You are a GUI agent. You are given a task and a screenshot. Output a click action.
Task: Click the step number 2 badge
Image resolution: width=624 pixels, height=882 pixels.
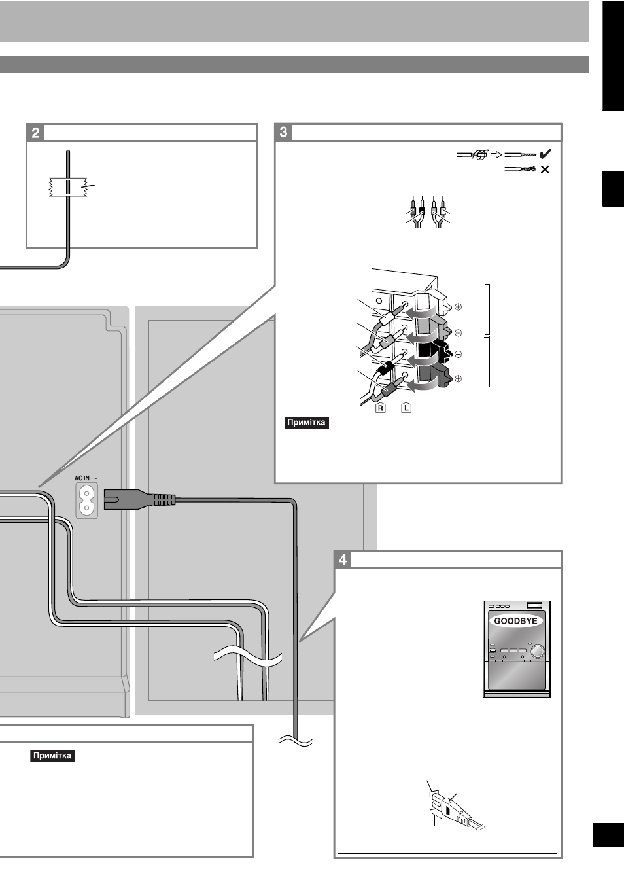pos(35,133)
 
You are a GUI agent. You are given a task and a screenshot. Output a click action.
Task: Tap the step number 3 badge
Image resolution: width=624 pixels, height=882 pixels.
pos(283,132)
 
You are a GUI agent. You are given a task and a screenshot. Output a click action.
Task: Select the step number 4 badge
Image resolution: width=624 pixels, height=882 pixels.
pos(343,559)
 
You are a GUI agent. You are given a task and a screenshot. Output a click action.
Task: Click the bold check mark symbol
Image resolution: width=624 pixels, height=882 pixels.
pos(546,154)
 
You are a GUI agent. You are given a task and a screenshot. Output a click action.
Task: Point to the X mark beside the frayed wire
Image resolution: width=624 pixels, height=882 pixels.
pos(545,169)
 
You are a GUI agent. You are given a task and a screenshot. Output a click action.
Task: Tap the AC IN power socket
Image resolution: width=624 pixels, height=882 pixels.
pos(86,501)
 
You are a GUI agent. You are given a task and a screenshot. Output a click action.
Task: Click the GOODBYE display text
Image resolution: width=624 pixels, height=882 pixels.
pos(515,621)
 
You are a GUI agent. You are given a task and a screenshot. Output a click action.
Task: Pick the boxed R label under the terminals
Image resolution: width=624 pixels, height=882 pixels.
pos(380,408)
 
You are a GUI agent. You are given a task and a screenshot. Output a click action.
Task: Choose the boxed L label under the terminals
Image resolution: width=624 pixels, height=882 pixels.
pos(406,408)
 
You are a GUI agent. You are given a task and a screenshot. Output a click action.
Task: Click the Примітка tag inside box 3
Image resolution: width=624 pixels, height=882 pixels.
pos(306,423)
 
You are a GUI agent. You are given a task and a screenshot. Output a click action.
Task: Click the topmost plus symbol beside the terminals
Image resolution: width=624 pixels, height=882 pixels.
pos(458,307)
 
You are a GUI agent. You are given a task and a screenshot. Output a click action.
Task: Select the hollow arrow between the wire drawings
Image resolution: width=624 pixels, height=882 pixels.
pos(496,155)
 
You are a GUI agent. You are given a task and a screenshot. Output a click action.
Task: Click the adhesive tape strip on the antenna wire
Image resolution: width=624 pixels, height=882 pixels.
pos(68,187)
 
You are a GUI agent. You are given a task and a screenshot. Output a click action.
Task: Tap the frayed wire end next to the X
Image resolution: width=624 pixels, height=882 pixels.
pos(519,169)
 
